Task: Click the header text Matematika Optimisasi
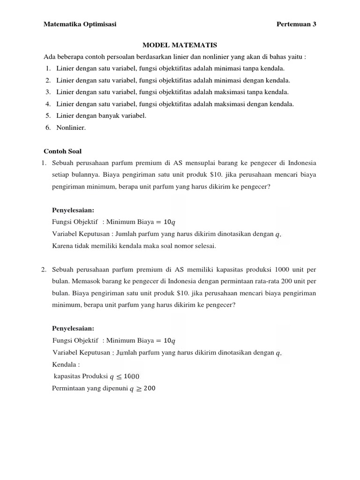80,24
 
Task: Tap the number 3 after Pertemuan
315,24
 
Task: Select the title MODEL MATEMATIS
180,45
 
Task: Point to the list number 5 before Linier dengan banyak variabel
48,115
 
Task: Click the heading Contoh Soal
62,151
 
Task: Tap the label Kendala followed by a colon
66,364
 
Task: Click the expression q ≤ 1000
124,376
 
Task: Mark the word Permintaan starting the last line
70,388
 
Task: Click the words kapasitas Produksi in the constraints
81,376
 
